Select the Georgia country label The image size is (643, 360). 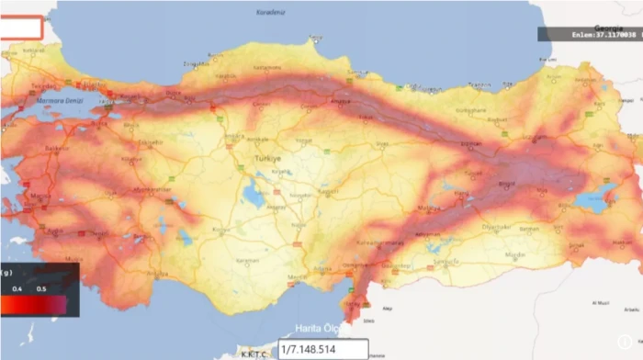[606, 27]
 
